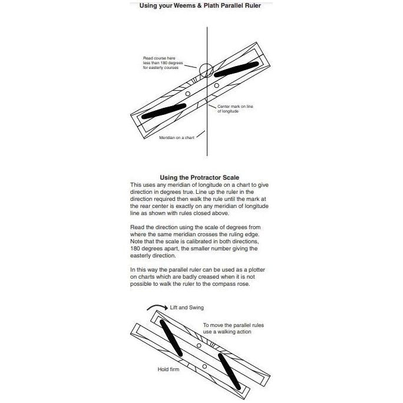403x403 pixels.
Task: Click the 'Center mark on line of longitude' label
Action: [236, 108]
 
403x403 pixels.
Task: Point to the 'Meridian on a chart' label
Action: [176, 137]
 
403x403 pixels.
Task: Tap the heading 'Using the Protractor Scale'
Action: [199, 177]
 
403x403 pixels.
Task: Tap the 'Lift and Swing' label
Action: [188, 308]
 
